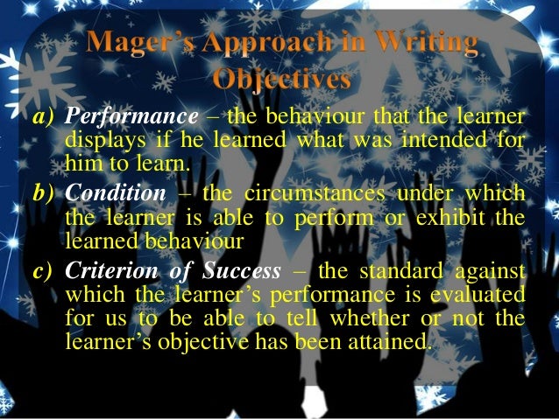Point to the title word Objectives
coord(280,80)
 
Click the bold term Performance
coord(132,119)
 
